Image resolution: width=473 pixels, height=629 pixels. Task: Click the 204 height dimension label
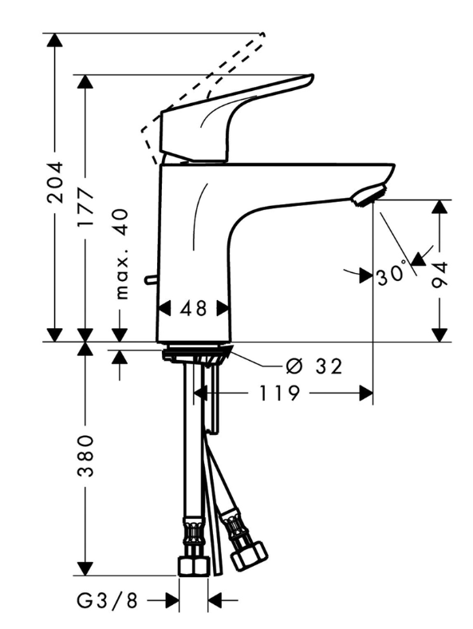(x=54, y=182)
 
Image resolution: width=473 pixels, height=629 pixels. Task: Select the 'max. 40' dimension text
(x=121, y=254)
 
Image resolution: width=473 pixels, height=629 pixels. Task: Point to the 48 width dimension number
(x=193, y=309)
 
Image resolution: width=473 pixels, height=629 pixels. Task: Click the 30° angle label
(x=392, y=275)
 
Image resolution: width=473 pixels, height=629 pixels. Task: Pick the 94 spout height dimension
(x=439, y=275)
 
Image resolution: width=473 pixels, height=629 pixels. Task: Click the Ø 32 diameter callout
(x=314, y=366)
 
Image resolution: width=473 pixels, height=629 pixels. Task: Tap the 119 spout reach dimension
(x=280, y=393)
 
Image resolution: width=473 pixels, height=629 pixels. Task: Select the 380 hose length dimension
(x=85, y=455)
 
